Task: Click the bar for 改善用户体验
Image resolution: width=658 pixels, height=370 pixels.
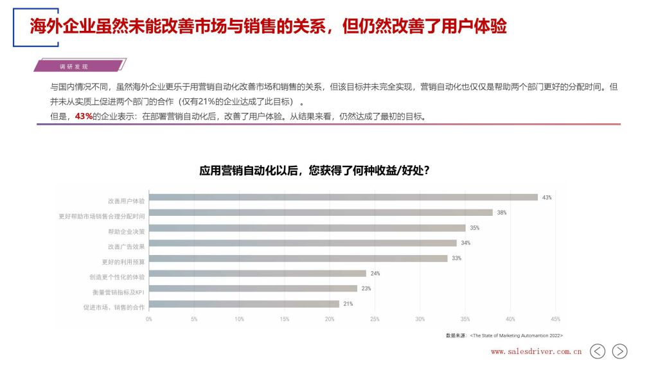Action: point(343,197)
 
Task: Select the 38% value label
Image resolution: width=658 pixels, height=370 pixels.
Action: point(502,213)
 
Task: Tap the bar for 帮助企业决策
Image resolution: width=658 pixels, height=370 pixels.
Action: point(307,228)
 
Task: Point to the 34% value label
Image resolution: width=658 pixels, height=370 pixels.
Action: point(466,243)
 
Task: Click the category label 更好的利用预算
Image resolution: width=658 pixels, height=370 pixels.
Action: point(123,262)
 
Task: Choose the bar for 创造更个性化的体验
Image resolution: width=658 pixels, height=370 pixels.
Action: point(257,274)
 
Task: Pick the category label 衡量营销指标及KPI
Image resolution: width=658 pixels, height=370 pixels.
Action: point(118,292)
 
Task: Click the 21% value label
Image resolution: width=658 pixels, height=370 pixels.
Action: point(348,304)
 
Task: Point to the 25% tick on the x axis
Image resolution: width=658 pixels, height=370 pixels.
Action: point(375,319)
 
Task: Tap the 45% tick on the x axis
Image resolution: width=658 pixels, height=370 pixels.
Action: point(555,319)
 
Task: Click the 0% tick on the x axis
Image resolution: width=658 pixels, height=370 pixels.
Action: point(149,319)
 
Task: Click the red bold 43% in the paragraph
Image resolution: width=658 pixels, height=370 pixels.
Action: point(84,116)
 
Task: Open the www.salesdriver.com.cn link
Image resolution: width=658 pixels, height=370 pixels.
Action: point(536,352)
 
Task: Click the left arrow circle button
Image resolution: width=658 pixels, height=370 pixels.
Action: point(598,351)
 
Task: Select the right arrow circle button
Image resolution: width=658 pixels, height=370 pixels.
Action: point(619,351)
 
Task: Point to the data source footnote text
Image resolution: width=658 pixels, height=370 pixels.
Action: point(504,335)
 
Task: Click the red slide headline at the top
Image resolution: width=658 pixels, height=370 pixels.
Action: point(269,26)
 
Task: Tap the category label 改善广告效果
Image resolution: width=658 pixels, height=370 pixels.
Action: point(126,247)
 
